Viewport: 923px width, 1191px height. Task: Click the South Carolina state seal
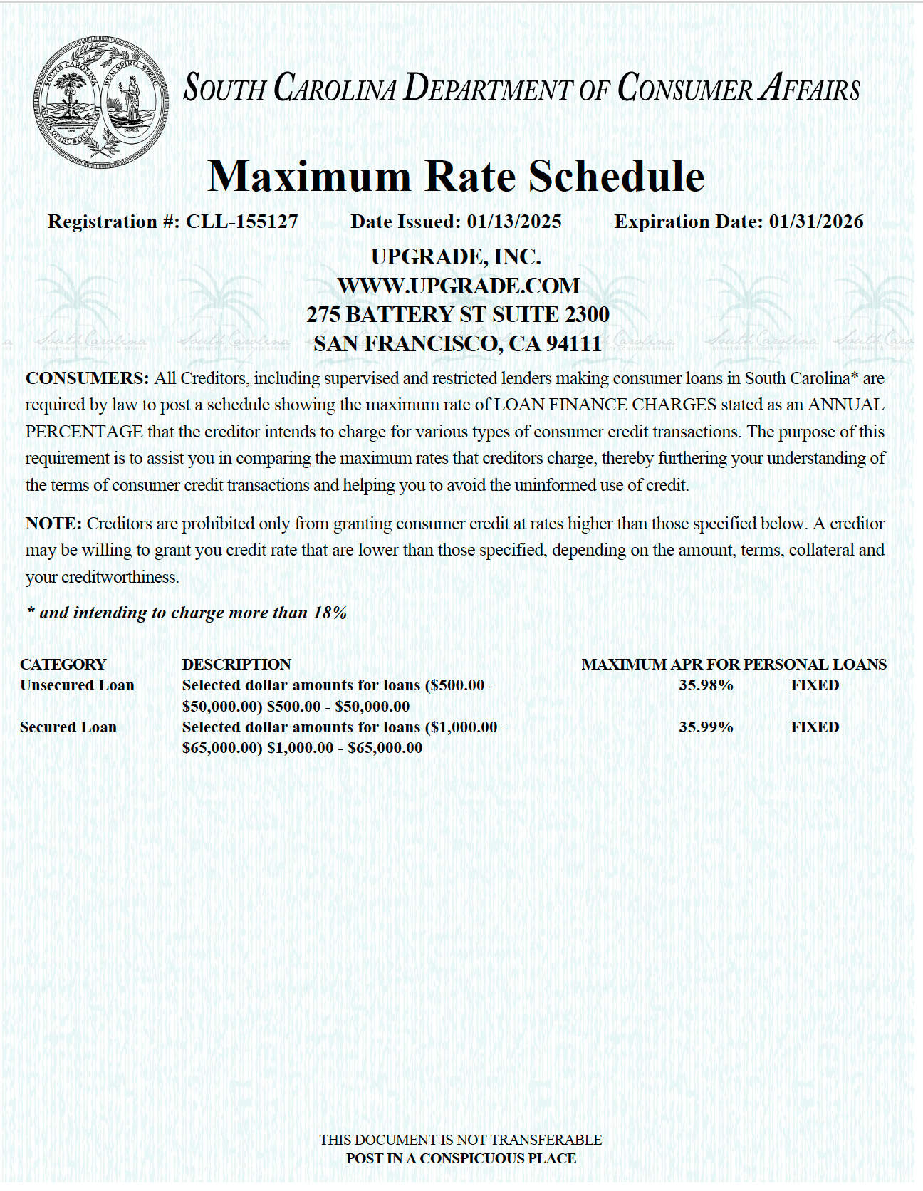(x=100, y=102)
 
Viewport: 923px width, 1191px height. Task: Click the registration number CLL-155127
(x=241, y=222)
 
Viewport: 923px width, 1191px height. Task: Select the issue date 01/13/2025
(x=514, y=222)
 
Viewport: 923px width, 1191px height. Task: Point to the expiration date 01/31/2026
(x=816, y=222)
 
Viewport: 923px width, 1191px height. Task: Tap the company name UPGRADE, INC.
(x=456, y=256)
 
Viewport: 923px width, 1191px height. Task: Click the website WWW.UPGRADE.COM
(x=459, y=286)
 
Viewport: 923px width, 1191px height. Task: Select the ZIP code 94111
(x=574, y=344)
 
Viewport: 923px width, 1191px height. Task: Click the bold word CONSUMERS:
(x=87, y=378)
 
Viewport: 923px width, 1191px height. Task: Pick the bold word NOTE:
(x=53, y=524)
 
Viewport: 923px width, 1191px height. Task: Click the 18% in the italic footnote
(x=330, y=613)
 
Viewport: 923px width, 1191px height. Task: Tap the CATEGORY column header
(x=63, y=665)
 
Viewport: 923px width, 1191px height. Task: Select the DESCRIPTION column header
(x=236, y=665)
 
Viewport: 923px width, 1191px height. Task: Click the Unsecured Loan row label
(x=77, y=685)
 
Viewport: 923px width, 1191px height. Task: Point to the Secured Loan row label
(x=68, y=727)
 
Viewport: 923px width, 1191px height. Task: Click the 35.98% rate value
(x=706, y=685)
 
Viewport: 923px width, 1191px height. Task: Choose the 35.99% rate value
(x=706, y=727)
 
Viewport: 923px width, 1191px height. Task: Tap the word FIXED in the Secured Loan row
(x=815, y=727)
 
